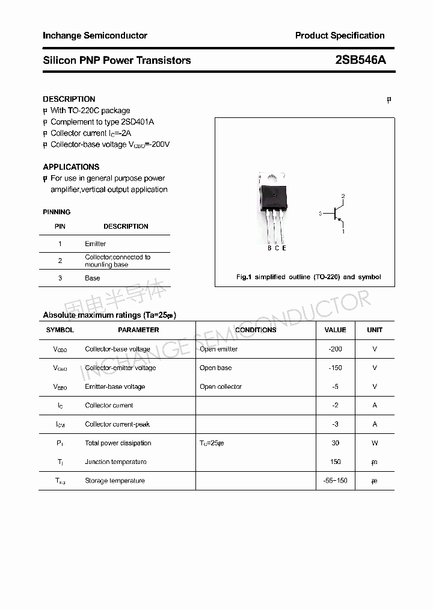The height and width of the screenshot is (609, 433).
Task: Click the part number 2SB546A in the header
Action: (x=360, y=60)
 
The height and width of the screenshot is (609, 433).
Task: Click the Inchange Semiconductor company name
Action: (x=95, y=36)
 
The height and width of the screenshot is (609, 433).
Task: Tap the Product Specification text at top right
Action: (x=339, y=36)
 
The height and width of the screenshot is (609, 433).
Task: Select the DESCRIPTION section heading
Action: (x=69, y=99)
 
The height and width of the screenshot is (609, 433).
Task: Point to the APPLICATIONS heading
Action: (x=71, y=167)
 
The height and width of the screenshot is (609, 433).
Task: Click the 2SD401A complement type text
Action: (x=138, y=122)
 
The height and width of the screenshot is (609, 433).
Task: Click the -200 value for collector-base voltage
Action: (x=335, y=349)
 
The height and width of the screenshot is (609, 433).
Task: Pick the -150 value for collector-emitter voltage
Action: (x=335, y=368)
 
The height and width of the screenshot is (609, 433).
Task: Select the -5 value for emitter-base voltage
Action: (x=335, y=386)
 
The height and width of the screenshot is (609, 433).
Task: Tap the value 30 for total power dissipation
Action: (x=335, y=443)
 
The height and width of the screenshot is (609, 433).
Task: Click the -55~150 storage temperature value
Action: (x=335, y=481)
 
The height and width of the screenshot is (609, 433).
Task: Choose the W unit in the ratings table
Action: (x=375, y=443)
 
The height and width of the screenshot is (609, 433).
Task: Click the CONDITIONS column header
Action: (x=256, y=330)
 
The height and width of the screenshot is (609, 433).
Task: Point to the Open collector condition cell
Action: (x=221, y=386)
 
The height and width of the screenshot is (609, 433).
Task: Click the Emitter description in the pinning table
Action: (x=96, y=244)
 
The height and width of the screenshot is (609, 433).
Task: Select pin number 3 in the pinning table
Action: (x=60, y=278)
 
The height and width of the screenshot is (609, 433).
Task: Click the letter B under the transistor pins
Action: (x=269, y=248)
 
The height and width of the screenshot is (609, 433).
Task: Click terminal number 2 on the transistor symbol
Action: (x=343, y=196)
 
